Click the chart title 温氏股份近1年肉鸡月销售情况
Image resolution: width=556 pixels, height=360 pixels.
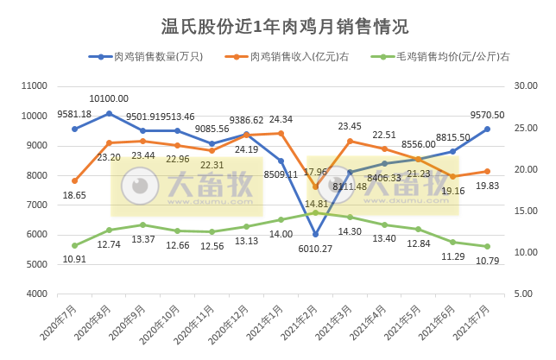(279, 26)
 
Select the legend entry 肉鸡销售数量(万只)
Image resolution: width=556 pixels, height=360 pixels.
(151, 57)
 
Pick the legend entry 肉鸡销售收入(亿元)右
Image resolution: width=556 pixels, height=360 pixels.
(299, 57)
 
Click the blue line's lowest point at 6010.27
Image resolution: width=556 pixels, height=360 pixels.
(316, 234)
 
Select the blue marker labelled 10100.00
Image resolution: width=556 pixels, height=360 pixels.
(109, 113)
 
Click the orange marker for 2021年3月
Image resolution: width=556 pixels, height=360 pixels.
(351, 141)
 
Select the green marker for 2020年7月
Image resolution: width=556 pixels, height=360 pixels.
(75, 245)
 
